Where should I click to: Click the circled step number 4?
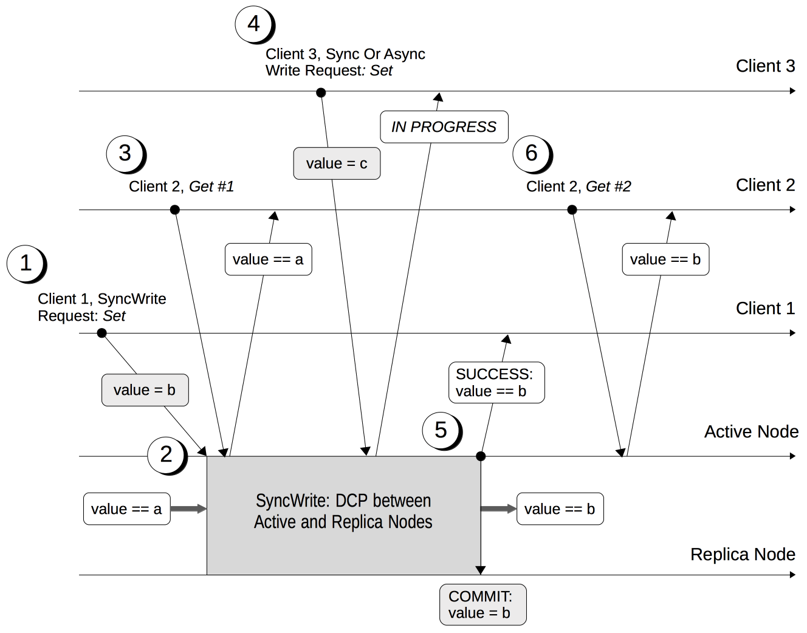point(254,24)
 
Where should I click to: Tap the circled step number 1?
point(26,264)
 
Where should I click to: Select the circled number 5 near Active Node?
point(441,430)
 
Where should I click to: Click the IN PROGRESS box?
point(444,127)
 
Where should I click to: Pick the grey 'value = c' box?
point(337,163)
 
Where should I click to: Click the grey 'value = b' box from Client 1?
point(145,390)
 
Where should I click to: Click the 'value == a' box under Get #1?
point(268,259)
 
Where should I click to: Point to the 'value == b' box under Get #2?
point(665,259)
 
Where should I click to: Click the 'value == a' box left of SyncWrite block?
point(126,508)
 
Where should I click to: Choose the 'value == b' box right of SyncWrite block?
point(560,508)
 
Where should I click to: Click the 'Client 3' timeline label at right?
point(765,66)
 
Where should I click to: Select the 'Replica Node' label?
point(743,554)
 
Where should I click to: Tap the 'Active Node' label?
point(751,431)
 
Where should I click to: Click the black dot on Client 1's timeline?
point(102,333)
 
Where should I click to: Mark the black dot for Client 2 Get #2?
point(572,210)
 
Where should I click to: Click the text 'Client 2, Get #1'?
point(181,186)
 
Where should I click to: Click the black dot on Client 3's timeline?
point(321,92)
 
